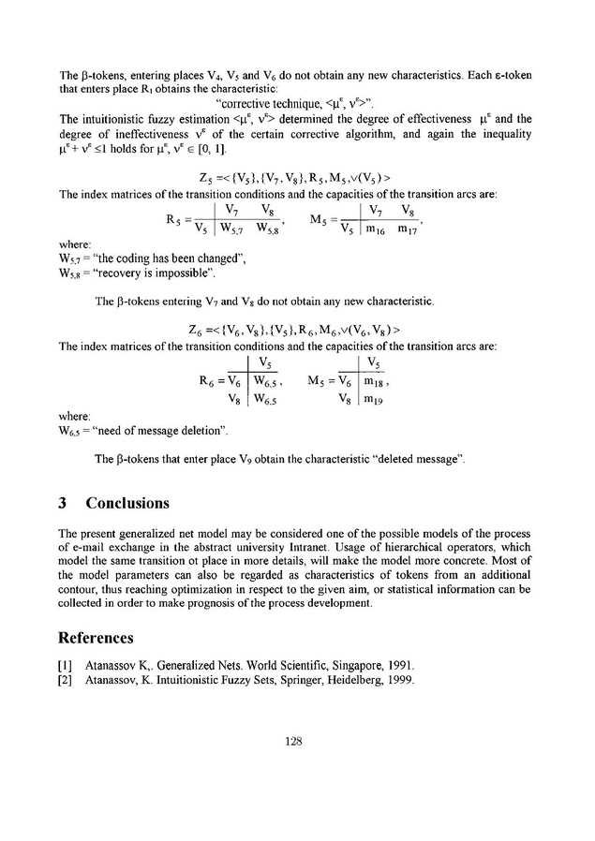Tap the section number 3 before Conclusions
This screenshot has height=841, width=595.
pos(62,503)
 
